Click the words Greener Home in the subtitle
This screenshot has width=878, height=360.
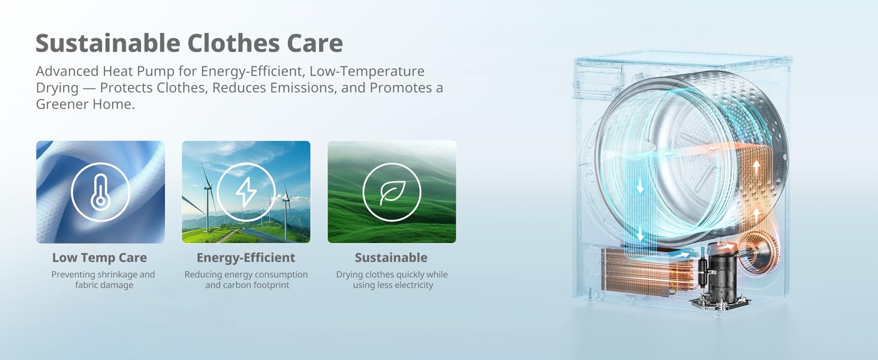pyautogui.click(x=85, y=104)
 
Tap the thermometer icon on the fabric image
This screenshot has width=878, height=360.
pyautogui.click(x=100, y=191)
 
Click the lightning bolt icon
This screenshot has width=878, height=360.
pyautogui.click(x=246, y=192)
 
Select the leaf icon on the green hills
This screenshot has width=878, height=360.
pyautogui.click(x=392, y=192)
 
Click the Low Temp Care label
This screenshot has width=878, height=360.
pyautogui.click(x=100, y=257)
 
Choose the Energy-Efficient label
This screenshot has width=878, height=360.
pyautogui.click(x=246, y=257)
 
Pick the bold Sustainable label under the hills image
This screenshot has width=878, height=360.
pyautogui.click(x=391, y=257)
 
